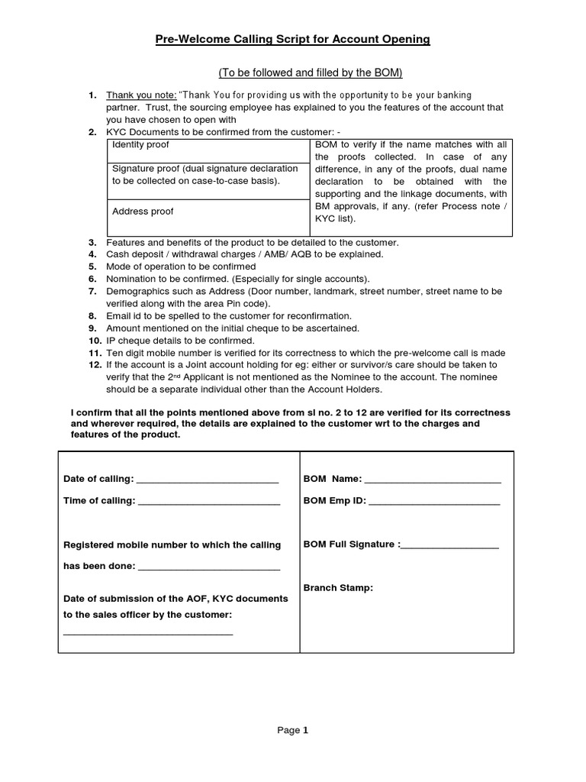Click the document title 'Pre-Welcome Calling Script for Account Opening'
click(x=293, y=40)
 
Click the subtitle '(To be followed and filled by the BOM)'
click(x=310, y=73)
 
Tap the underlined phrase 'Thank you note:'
click(x=141, y=95)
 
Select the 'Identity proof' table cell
click(x=141, y=145)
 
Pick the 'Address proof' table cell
click(x=143, y=212)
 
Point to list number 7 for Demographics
click(x=92, y=292)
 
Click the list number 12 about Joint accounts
click(x=94, y=365)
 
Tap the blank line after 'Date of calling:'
click(x=208, y=482)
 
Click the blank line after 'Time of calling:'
click(x=208, y=503)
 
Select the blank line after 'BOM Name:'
click(x=433, y=482)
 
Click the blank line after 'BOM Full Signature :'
click(x=449, y=547)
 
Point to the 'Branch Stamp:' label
click(x=338, y=588)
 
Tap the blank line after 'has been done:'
click(x=209, y=569)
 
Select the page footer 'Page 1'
click(x=293, y=730)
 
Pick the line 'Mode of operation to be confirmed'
click(x=181, y=267)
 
